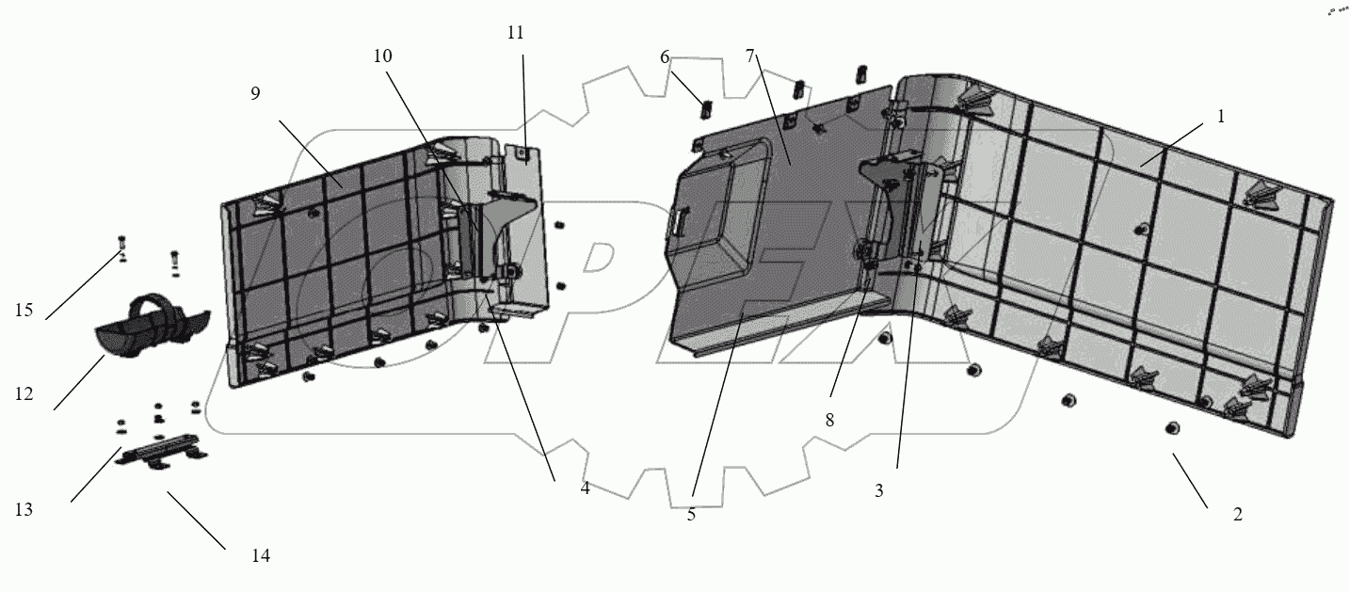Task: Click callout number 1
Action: (x=1220, y=117)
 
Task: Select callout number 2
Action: (x=1237, y=514)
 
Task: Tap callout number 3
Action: (x=878, y=490)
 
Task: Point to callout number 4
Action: (x=585, y=488)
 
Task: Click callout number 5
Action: (x=691, y=515)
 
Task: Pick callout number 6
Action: (x=665, y=57)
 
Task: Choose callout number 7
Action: (x=750, y=56)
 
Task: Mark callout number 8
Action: (x=829, y=421)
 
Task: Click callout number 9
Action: (x=255, y=93)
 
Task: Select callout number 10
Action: (x=382, y=56)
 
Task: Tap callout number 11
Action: (x=515, y=32)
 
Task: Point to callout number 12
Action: (x=24, y=394)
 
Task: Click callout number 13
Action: (x=24, y=509)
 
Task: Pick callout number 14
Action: (x=261, y=555)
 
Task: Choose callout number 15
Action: (x=24, y=310)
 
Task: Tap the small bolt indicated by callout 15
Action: (x=121, y=247)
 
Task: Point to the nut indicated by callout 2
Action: (x=1172, y=428)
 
